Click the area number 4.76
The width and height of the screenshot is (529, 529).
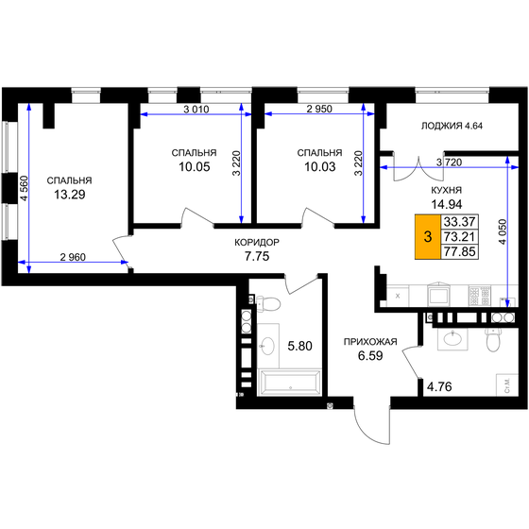[x=441, y=385]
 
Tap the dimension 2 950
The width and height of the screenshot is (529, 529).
[x=319, y=110]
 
